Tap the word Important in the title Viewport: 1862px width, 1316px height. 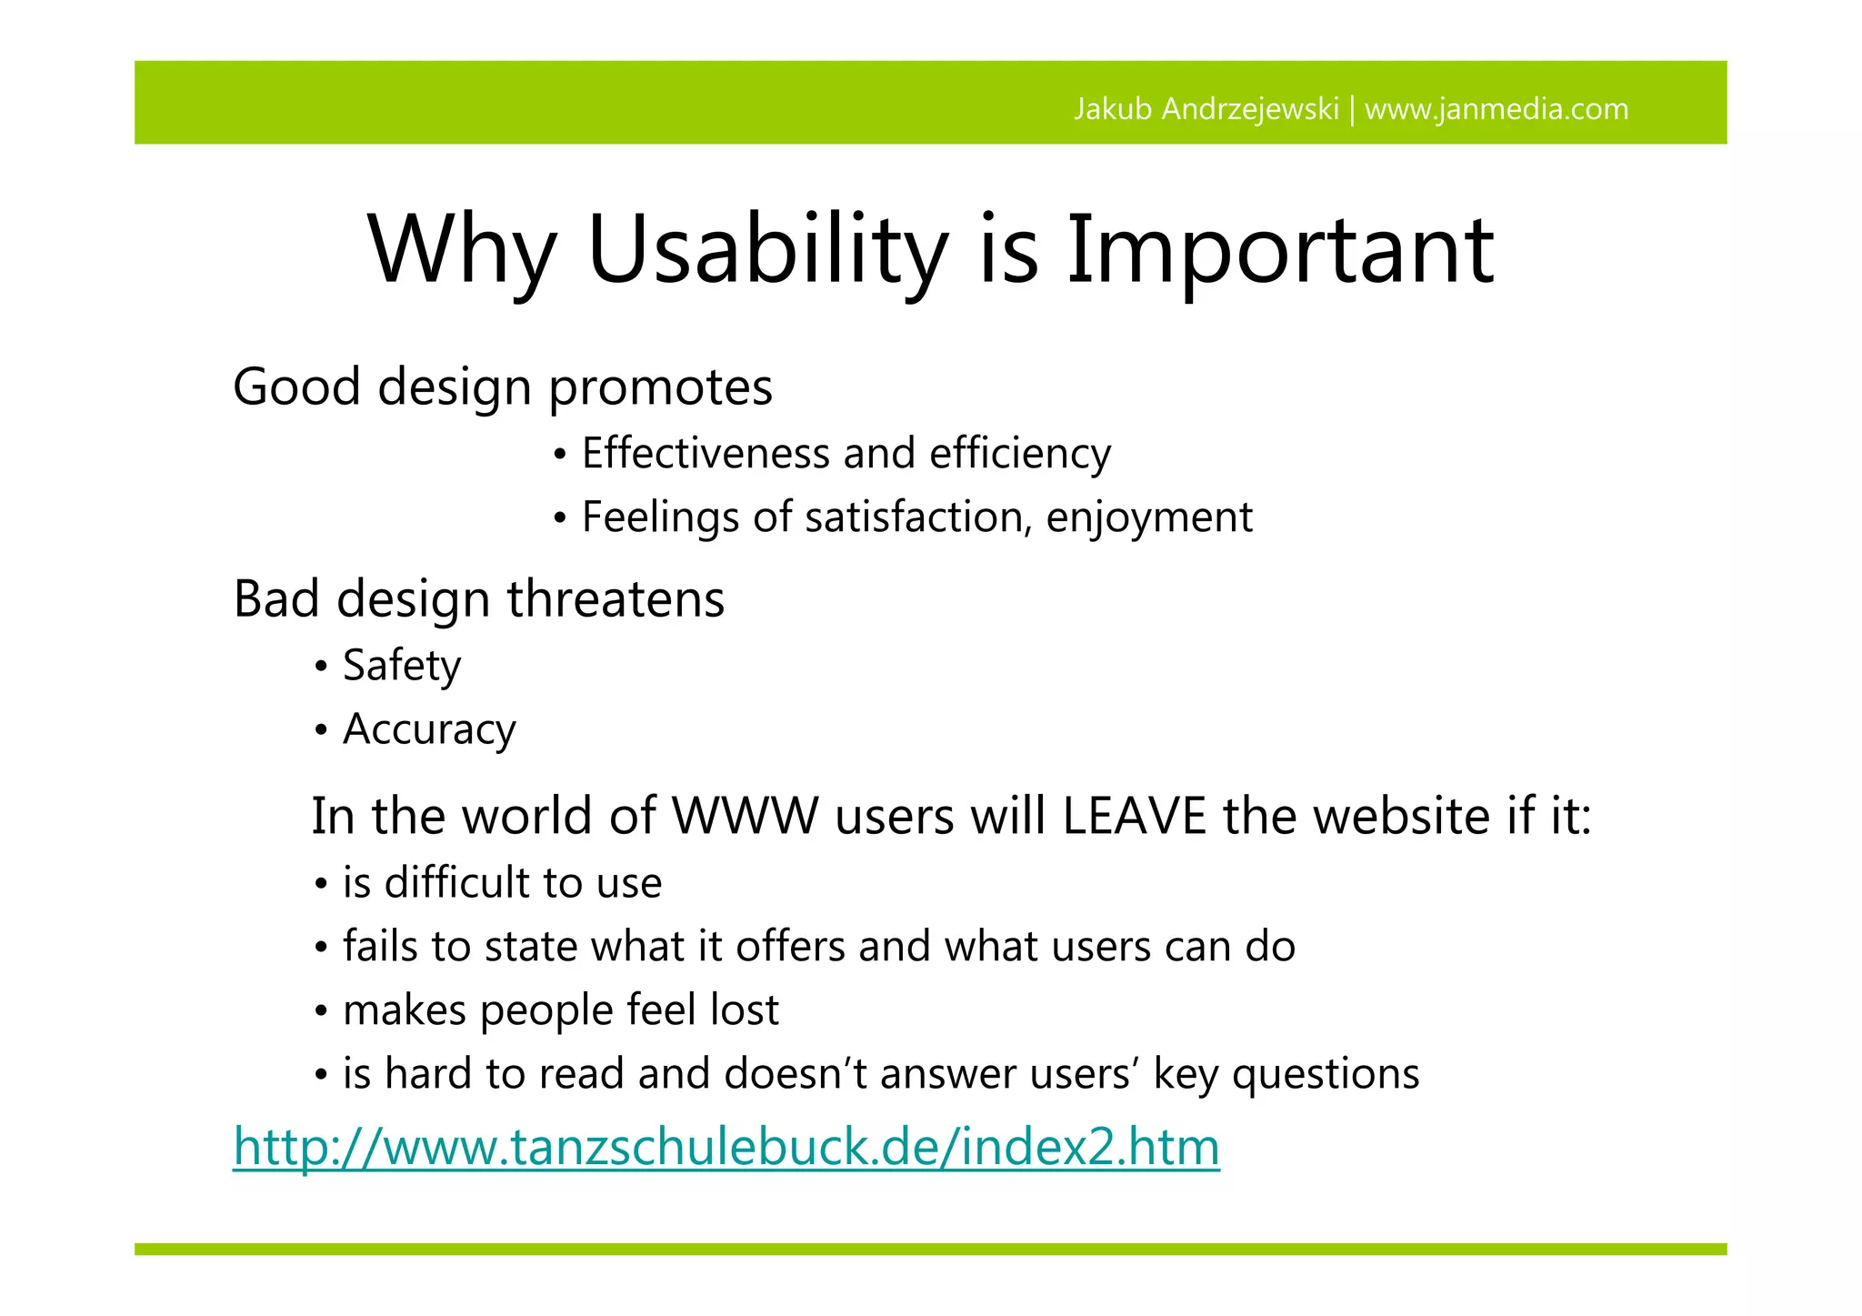(x=1280, y=249)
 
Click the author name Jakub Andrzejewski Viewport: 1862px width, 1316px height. (x=1206, y=109)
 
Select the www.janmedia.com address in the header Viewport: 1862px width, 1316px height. (x=1497, y=109)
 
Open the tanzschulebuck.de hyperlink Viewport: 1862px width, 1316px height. (x=726, y=1146)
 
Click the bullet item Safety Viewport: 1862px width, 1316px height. (x=401, y=666)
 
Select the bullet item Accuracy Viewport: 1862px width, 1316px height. (x=429, y=729)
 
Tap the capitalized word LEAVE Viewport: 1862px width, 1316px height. (x=1134, y=816)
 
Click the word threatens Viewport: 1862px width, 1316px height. (x=616, y=599)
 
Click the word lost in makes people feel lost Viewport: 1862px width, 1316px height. (x=745, y=1010)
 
